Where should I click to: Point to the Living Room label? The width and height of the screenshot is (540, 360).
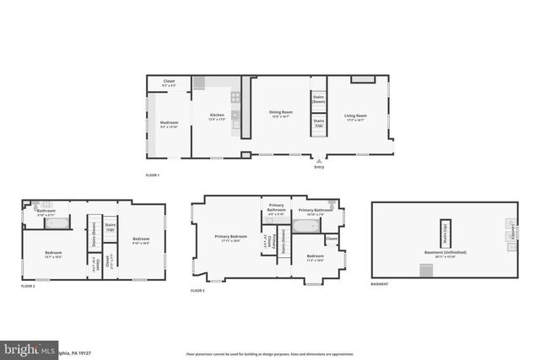[355, 116]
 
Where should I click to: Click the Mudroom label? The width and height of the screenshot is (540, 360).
[169, 124]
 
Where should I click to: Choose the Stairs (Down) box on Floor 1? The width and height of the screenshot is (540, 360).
[319, 99]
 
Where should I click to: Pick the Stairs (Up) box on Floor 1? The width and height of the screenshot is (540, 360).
[319, 125]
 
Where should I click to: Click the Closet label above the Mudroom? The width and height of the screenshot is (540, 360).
[169, 83]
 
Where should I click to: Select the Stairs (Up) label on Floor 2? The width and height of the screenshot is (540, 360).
[110, 227]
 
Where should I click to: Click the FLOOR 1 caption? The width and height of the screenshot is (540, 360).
[153, 175]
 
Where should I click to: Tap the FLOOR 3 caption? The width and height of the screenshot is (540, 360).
[198, 290]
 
